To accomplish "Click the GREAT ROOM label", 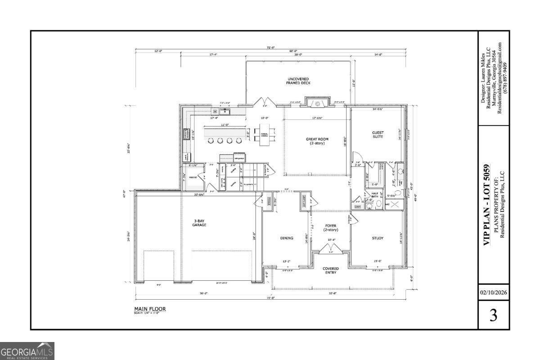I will point(317,141).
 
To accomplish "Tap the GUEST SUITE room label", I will point(378,134).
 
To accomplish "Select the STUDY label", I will point(378,238).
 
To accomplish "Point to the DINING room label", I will point(287,238).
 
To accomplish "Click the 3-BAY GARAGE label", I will point(199,222).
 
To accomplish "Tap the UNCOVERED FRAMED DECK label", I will point(299,81).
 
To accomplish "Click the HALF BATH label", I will point(374,195).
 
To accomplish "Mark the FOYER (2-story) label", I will point(331,227).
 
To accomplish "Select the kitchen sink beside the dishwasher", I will point(225,111).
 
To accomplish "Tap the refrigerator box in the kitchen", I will point(239,158).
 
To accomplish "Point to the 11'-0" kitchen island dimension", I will point(225,125).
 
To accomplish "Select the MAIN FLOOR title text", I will point(150,309).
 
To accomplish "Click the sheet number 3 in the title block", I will point(493,315).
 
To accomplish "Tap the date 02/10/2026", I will point(493,292).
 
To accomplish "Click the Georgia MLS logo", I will point(27,351).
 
